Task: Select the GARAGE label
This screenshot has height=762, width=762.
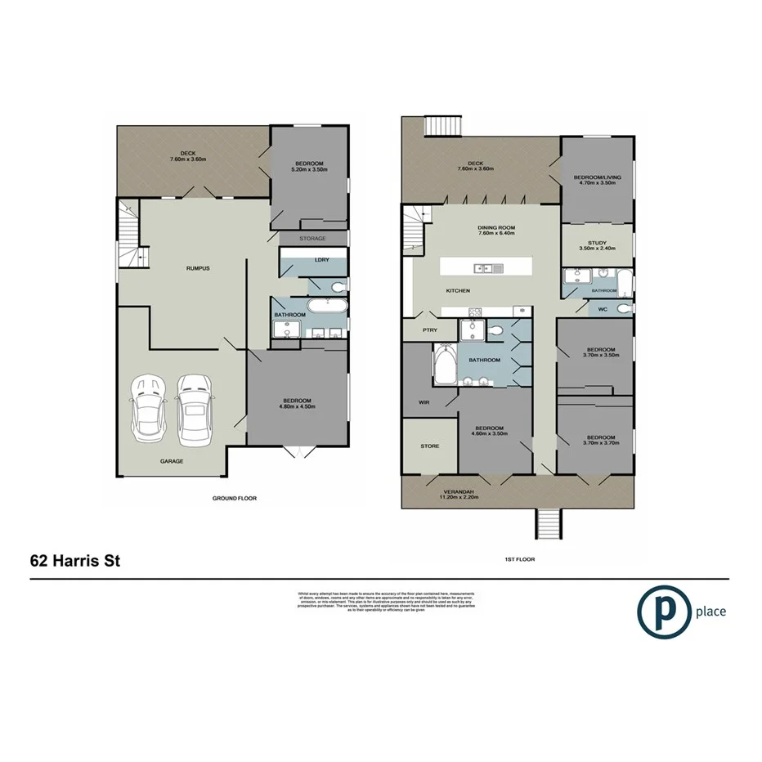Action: [x=172, y=461]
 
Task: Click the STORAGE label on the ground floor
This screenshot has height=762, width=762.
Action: [x=313, y=239]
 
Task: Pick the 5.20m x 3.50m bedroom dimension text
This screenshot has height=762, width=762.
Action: [x=311, y=170]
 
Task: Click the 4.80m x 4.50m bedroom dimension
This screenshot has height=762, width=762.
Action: [x=298, y=406]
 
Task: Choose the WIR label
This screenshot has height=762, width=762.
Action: [x=426, y=402]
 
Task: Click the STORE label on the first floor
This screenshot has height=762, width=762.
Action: [x=429, y=446]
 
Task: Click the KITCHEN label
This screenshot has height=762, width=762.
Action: [x=458, y=291]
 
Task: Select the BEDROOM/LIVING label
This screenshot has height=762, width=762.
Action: [x=598, y=177]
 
